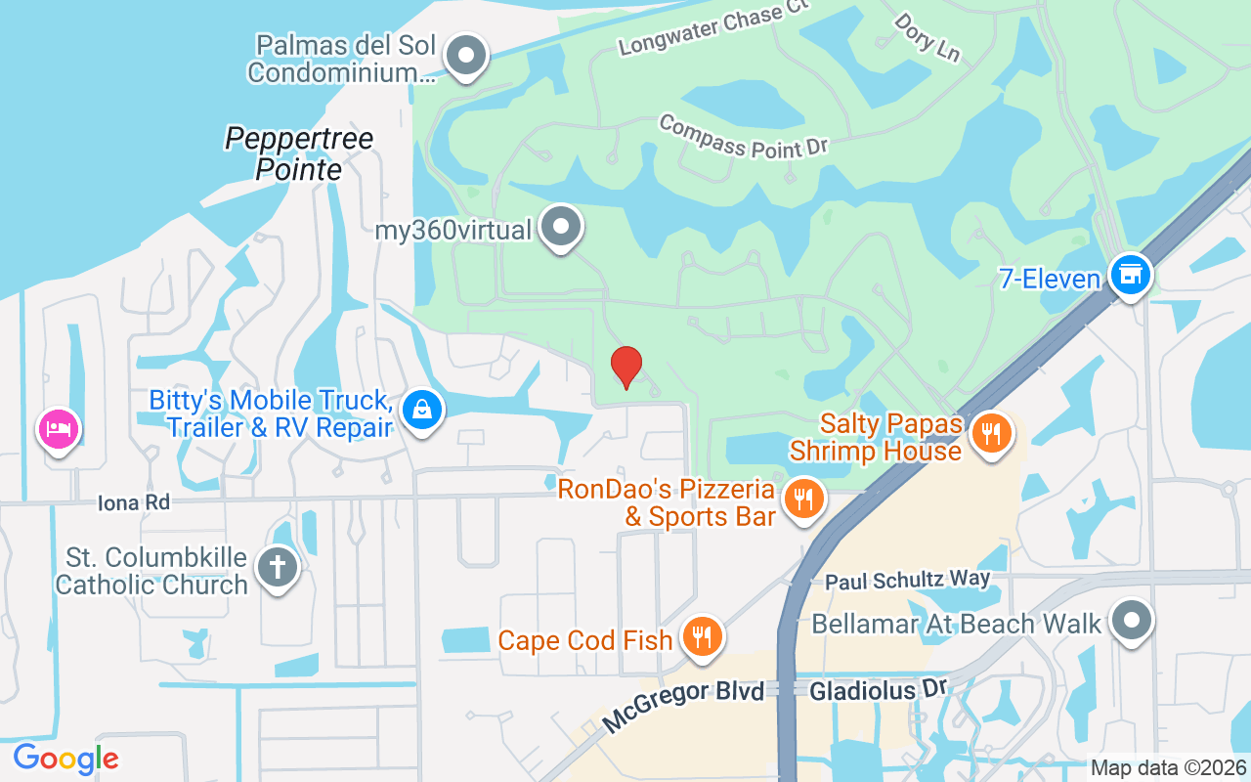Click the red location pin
625,367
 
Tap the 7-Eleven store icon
1131,274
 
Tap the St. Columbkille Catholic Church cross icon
278,566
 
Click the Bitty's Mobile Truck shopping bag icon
421,411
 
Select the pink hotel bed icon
58,429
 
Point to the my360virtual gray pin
561,227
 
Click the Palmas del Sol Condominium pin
466,55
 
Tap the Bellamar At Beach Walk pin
1132,621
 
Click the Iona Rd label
134,502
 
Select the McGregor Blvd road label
682,707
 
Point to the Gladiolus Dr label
878,690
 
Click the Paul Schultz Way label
907,580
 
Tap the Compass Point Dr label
743,136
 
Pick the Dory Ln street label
927,36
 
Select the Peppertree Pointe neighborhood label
299,152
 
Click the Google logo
65,759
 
